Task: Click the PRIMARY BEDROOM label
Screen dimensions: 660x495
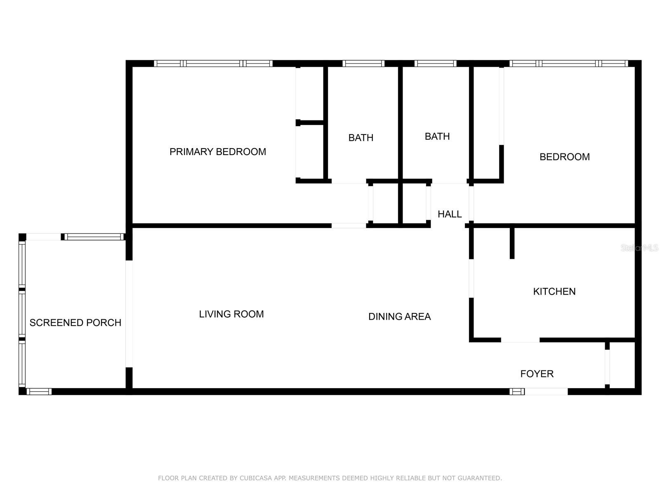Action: [x=218, y=152]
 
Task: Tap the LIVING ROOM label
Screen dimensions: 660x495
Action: [x=231, y=314]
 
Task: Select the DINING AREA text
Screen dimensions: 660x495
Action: [x=400, y=316]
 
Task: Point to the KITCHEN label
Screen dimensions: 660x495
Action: [x=554, y=292]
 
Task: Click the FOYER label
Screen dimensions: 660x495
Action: [x=537, y=374]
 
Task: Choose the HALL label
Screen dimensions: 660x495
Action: [x=450, y=214]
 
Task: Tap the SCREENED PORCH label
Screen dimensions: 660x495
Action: [x=75, y=323]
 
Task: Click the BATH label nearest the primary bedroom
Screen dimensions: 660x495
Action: [x=361, y=138]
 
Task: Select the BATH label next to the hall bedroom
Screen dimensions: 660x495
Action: [x=437, y=137]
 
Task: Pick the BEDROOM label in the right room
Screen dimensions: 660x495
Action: [x=565, y=157]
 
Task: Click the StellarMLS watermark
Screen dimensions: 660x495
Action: [x=639, y=248]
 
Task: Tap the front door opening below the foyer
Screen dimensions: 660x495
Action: [x=546, y=391]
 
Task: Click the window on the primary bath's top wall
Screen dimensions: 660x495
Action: [x=363, y=64]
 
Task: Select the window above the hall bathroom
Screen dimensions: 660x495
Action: [x=435, y=64]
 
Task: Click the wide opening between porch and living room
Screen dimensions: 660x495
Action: [x=129, y=314]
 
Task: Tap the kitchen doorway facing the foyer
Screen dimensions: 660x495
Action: [x=520, y=340]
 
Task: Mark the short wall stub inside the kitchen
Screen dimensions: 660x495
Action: [x=512, y=243]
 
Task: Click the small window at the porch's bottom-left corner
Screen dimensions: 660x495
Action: [x=39, y=391]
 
